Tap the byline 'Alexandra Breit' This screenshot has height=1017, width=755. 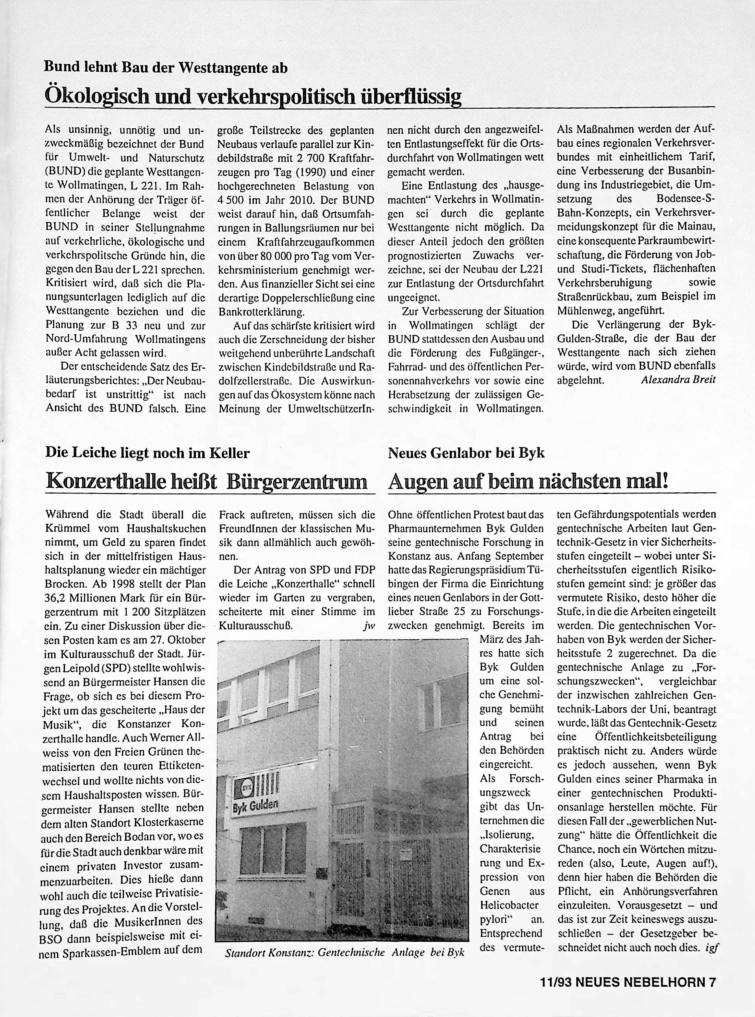coord(678,379)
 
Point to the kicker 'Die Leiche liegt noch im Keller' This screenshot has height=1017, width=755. coord(148,453)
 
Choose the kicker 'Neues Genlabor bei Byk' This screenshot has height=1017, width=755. coord(466,453)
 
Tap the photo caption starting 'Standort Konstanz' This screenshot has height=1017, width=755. coord(344,952)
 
